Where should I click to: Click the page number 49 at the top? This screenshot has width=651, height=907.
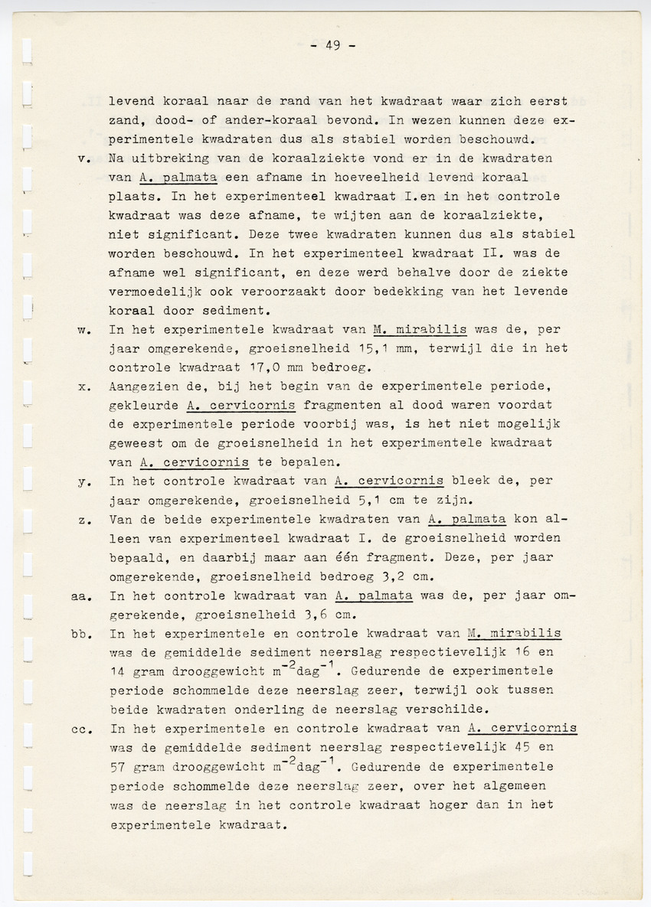(332, 45)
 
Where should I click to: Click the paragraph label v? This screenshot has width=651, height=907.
(85, 159)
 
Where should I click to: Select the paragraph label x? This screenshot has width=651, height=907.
(85, 386)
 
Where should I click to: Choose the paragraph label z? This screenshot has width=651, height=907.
(85, 519)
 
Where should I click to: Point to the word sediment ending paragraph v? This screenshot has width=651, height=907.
(237, 311)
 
